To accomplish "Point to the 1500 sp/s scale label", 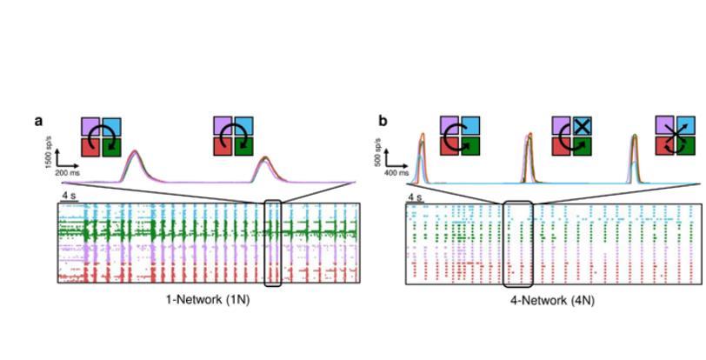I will click(50, 145).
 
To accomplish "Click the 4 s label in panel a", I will click(69, 197).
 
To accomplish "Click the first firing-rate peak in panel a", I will click(134, 153).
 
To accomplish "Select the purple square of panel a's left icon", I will click(91, 127).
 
